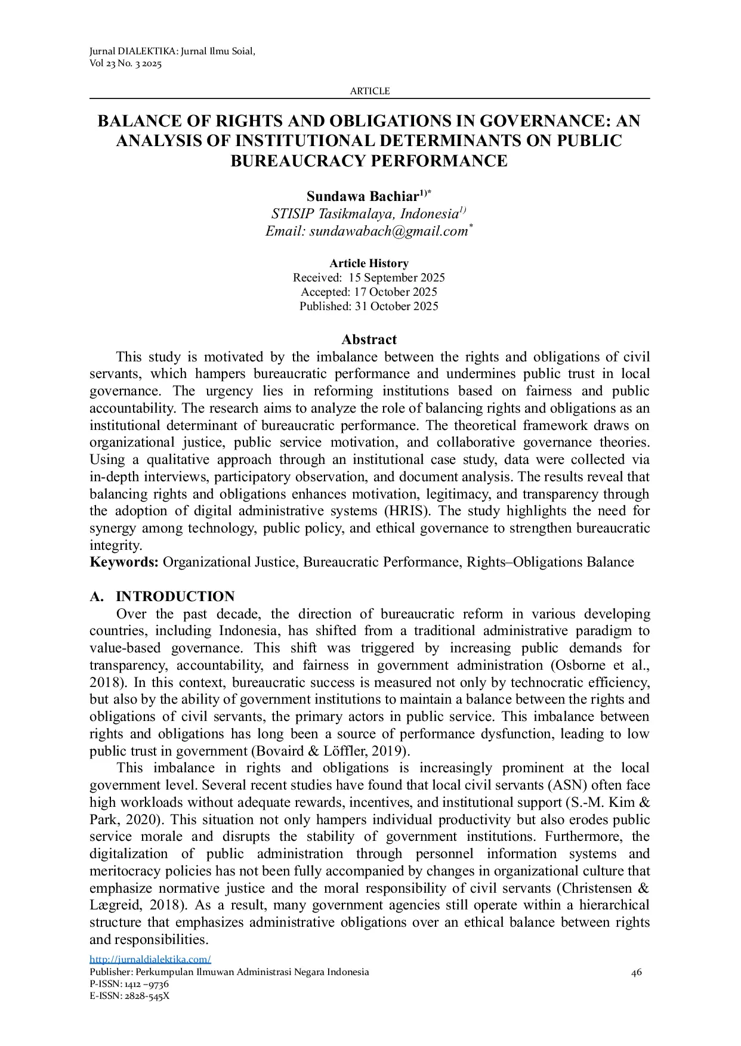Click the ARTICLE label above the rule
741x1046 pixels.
(369, 91)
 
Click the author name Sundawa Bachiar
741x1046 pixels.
(362, 196)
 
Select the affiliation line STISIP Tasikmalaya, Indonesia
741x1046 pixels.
(365, 213)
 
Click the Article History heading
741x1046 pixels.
(369, 263)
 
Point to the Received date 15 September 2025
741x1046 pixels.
(396, 277)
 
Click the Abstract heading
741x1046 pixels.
(369, 339)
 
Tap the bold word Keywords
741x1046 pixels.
(123, 562)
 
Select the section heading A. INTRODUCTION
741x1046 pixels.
(162, 596)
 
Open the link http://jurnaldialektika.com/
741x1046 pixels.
(150, 959)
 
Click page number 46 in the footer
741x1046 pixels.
(636, 972)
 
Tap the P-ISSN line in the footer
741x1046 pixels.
(129, 984)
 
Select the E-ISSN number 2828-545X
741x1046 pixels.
(147, 996)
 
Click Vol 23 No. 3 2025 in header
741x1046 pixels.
(125, 64)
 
